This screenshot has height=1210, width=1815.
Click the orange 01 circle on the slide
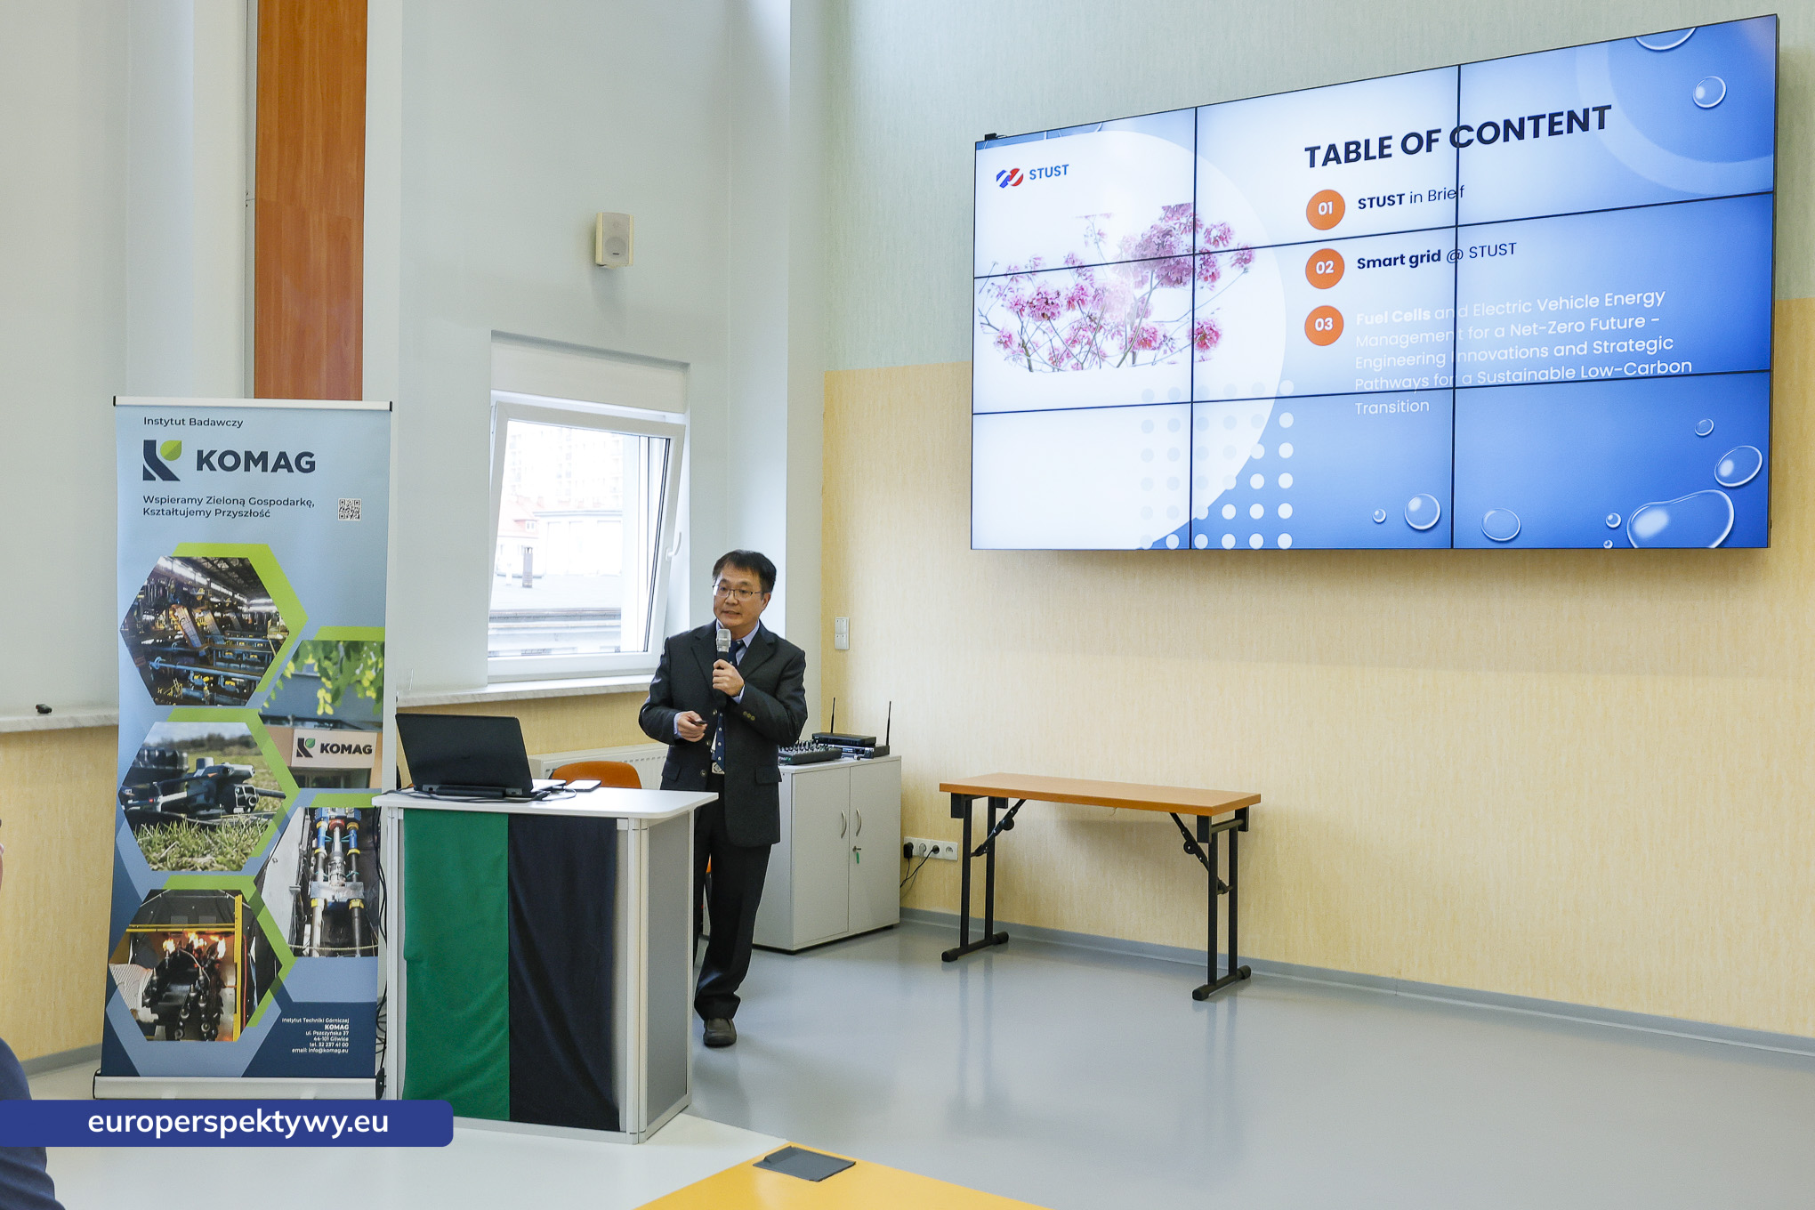[1325, 209]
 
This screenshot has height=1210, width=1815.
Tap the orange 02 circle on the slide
[1324, 268]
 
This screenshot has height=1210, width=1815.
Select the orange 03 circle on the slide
[1323, 325]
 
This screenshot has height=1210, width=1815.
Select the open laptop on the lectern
[467, 756]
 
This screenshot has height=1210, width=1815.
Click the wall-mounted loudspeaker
[614, 238]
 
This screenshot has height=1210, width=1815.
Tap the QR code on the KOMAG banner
[349, 509]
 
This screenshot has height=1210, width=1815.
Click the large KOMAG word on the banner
[255, 462]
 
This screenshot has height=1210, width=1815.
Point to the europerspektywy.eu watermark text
[238, 1122]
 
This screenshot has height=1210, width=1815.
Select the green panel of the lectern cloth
[456, 965]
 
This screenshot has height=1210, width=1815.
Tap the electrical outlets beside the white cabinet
[930, 849]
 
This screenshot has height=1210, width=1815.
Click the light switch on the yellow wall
[841, 633]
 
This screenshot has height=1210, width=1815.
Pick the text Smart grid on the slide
[1398, 260]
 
